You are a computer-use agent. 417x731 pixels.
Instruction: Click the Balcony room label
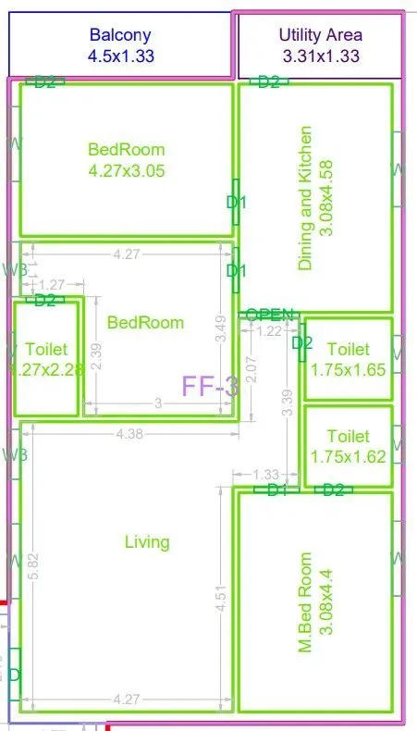[120, 35]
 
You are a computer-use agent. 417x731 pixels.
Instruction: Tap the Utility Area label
[321, 35]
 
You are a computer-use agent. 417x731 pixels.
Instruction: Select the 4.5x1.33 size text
[120, 56]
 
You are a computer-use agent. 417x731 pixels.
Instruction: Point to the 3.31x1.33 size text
[321, 56]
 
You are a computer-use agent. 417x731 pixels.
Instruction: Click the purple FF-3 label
[210, 386]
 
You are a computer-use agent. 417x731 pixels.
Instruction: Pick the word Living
[147, 542]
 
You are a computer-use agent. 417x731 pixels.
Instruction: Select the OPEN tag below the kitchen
[270, 315]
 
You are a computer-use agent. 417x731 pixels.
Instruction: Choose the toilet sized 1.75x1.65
[348, 359]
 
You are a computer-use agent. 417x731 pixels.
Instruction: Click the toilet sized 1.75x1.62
[348, 446]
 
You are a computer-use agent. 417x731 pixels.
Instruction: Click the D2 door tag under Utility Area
[269, 82]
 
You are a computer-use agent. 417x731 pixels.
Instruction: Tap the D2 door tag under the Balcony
[45, 82]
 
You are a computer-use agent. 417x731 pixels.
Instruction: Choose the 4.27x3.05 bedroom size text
[127, 170]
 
